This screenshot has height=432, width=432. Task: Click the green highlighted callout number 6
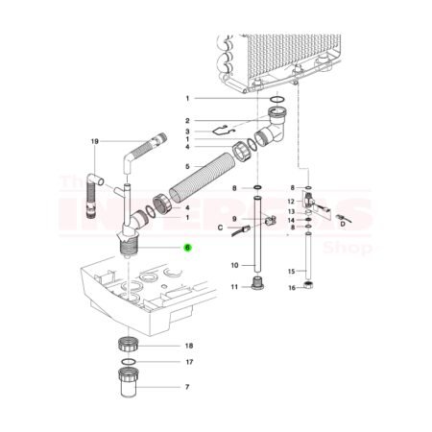[188, 247]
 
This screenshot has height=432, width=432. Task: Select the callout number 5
[188, 192]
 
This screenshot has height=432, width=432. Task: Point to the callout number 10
[234, 265]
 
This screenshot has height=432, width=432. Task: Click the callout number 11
[234, 287]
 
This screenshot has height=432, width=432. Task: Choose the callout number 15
[290, 273]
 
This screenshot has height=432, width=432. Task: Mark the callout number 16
[290, 287]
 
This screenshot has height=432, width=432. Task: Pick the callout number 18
[189, 345]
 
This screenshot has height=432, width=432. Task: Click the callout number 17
[189, 362]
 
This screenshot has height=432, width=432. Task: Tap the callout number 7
[189, 389]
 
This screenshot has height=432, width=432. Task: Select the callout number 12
[290, 202]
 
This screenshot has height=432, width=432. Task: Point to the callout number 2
[189, 120]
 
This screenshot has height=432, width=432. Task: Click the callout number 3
[189, 132]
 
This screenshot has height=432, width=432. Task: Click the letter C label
[220, 228]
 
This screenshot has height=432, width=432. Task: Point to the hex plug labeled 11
[255, 284]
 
